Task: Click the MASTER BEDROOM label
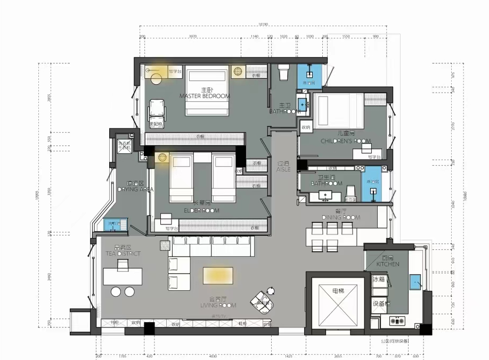[x=204, y=96]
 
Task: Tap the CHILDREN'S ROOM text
[x=346, y=141]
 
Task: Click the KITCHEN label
[x=388, y=264]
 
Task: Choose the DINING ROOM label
[x=341, y=217]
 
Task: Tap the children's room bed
[x=336, y=110]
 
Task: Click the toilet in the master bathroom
[x=283, y=72]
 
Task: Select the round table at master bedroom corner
[x=157, y=79]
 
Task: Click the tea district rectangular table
[x=123, y=276]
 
